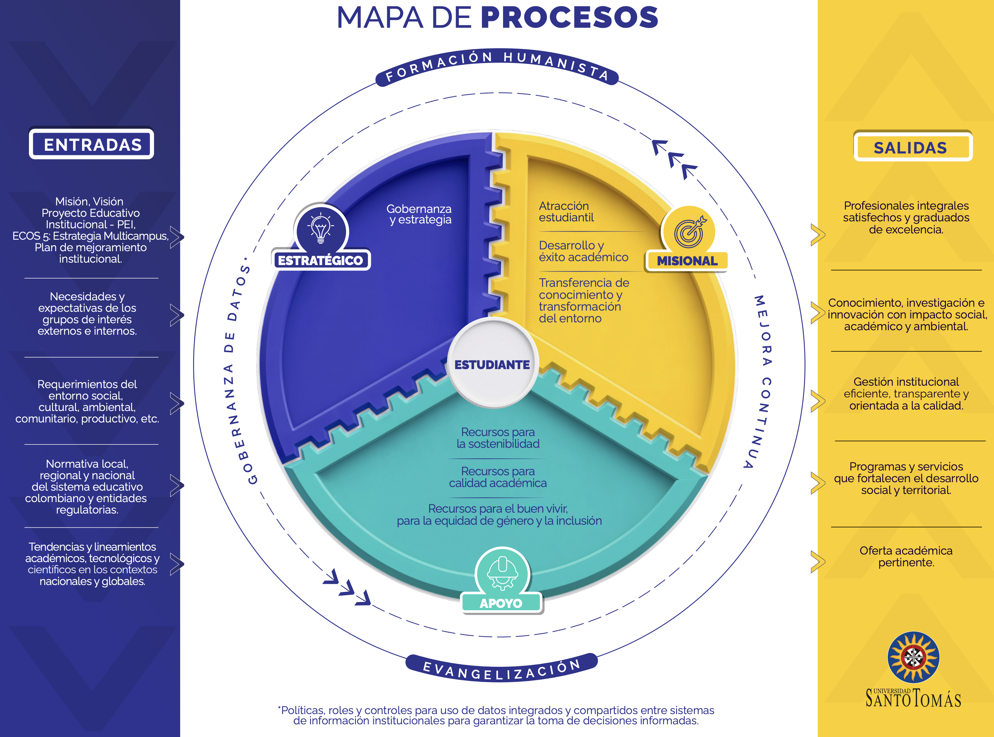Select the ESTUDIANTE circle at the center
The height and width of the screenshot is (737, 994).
coord(492,364)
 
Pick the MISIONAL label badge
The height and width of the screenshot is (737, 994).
coord(687,261)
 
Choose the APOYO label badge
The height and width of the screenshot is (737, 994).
coord(501,603)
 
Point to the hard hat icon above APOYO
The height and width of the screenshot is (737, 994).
coord(502,571)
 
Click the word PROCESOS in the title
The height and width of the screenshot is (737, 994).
coord(569,18)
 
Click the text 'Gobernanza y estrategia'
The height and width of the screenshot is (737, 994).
coord(419,214)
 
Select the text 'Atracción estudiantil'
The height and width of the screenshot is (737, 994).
coord(566,211)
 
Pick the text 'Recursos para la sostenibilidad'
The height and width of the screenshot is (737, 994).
coord(498,438)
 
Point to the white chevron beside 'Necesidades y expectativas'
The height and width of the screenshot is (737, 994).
coord(176,315)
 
